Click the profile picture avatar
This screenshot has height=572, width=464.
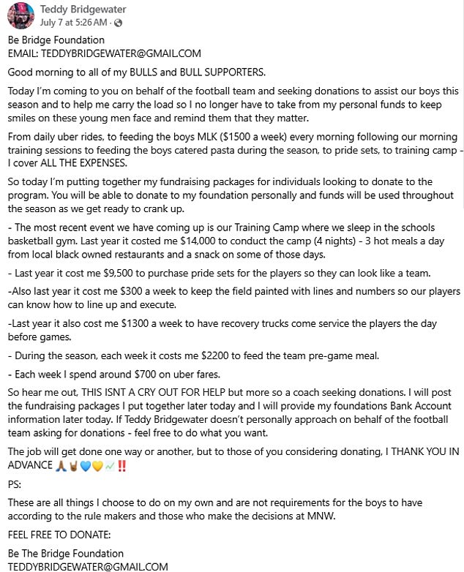click(22, 15)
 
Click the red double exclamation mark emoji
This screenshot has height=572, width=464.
click(121, 464)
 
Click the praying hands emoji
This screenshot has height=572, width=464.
click(61, 464)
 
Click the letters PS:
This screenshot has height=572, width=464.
click(15, 483)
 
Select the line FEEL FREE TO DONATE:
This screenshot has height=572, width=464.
click(59, 535)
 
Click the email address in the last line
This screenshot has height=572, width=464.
click(88, 566)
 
